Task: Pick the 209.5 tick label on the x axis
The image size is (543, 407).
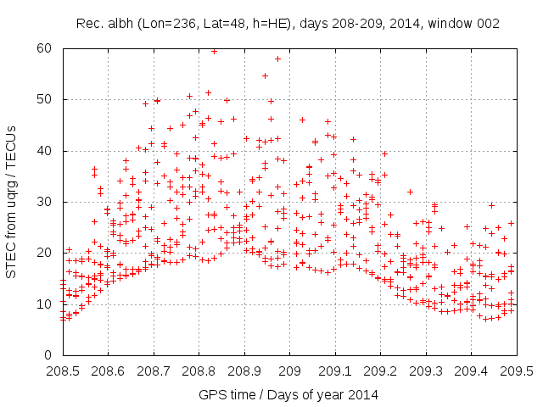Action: (x=516, y=371)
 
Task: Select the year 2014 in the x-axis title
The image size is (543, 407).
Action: (x=364, y=394)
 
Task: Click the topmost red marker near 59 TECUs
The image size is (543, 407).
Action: (x=214, y=51)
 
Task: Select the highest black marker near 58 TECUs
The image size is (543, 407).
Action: (x=277, y=59)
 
